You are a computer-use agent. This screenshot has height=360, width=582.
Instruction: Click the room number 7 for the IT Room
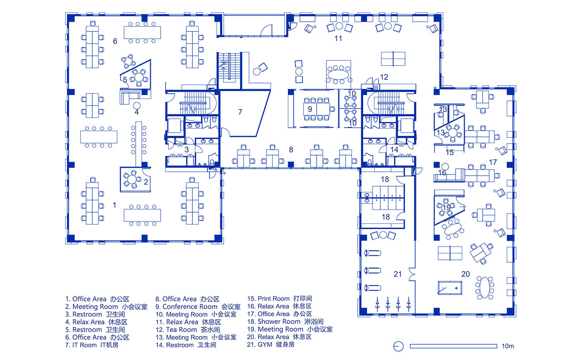pos(240,112)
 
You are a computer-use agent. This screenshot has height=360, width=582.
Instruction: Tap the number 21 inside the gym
pos(398,274)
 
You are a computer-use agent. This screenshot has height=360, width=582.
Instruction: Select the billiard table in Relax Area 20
pos(450,288)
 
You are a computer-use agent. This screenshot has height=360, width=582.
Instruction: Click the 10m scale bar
pos(454,346)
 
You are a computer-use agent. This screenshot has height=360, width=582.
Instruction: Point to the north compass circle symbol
pos(398,346)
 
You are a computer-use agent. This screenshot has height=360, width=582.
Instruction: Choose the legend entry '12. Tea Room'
pos(187,330)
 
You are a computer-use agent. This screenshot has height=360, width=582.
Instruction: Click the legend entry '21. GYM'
pos(271,344)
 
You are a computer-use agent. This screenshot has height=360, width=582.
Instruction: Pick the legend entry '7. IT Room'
pos(92,345)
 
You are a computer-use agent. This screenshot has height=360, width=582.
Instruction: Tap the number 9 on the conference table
pos(310,109)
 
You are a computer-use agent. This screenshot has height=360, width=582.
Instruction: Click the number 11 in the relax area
pos(338,38)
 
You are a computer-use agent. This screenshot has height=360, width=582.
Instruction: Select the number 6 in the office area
pos(115,41)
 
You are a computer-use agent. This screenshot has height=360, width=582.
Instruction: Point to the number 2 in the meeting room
pos(146,182)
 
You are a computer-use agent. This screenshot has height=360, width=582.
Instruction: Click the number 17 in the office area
pos(493,162)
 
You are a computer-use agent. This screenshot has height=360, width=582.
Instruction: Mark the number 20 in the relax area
pos(465,274)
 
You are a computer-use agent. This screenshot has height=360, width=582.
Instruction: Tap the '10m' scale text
pos(508,346)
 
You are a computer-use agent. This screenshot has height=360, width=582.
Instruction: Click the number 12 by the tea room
pos(384,77)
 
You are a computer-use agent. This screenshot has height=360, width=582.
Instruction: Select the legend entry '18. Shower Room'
pos(285,322)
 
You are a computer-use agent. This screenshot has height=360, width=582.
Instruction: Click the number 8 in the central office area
pos(291,150)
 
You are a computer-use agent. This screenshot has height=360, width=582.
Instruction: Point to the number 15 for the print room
pos(449,152)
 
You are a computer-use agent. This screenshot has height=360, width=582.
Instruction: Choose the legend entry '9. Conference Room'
pos(198,306)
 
